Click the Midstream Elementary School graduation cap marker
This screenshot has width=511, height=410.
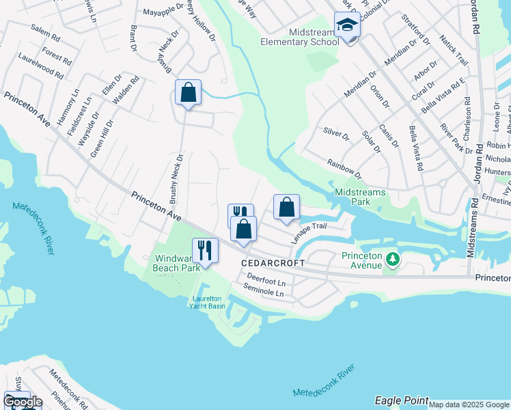coord(347,26)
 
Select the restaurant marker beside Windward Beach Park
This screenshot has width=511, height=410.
coord(205,250)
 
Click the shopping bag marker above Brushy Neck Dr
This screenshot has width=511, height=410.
coord(188,92)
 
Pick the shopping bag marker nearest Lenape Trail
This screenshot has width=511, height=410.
coord(287,207)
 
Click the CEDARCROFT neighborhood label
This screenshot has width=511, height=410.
coord(271,263)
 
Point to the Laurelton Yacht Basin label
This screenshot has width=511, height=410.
coord(208,301)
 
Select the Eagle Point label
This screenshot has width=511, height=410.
coord(402,400)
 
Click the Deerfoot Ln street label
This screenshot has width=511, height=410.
coord(266,281)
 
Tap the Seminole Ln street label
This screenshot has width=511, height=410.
coord(264,292)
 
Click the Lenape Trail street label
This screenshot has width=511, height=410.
coord(309,234)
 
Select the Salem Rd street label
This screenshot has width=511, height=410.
coord(45,33)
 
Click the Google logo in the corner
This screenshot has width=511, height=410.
coord(23,402)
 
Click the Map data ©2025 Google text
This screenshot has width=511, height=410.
coord(469,405)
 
